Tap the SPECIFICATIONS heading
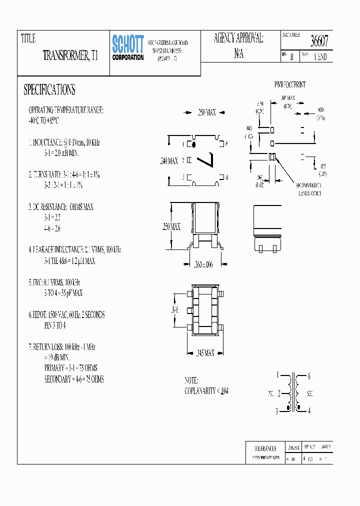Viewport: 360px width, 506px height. [x=49, y=90]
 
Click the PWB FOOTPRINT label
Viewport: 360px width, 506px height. [x=290, y=85]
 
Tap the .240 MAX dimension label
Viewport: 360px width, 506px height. [x=168, y=161]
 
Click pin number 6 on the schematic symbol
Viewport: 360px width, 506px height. [x=309, y=376]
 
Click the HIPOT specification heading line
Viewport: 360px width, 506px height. [x=66, y=315]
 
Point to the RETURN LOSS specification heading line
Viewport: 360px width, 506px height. [x=62, y=346]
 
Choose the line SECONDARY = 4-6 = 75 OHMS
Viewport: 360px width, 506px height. [x=74, y=379]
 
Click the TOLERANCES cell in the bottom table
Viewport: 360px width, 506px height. [x=265, y=448]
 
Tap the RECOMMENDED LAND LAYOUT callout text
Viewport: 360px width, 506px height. [x=309, y=188]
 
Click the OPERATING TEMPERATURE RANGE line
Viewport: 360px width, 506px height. [x=65, y=110]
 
